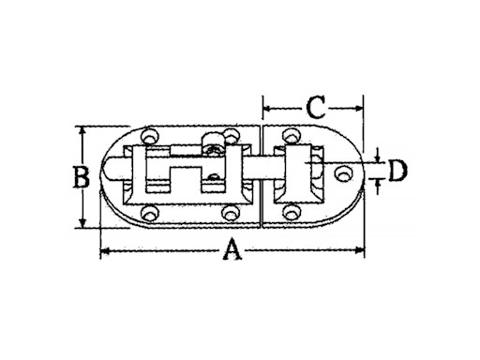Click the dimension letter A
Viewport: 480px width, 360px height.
pyautogui.click(x=232, y=249)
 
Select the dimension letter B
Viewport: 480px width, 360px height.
pyautogui.click(x=82, y=177)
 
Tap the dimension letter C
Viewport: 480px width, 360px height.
pyautogui.click(x=316, y=108)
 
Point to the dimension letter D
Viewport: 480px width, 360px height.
pyautogui.click(x=397, y=171)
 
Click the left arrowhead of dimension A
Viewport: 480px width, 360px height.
pyautogui.click(x=104, y=250)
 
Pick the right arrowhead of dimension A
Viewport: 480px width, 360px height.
pyautogui.click(x=361, y=249)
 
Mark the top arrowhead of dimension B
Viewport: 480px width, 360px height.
pyautogui.click(x=82, y=130)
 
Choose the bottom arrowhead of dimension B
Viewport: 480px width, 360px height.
pyautogui.click(x=82, y=223)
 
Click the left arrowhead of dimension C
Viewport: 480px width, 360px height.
pyautogui.click(x=266, y=109)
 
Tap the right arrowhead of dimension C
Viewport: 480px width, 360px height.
pyautogui.click(x=360, y=109)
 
